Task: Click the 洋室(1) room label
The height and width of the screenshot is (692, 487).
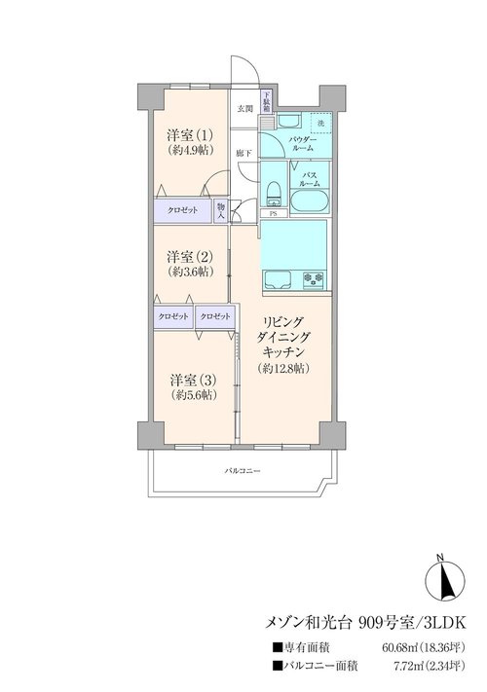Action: click(190, 134)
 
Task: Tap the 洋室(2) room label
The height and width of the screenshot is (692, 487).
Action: click(190, 256)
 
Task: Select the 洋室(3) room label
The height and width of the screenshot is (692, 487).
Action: click(194, 380)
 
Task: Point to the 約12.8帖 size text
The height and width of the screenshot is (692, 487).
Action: click(283, 369)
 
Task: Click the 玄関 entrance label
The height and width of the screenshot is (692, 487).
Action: click(245, 109)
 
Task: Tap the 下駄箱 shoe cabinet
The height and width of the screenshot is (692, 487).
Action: click(267, 102)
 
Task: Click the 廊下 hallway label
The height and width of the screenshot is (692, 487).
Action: click(243, 154)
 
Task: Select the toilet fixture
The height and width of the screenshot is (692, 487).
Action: click(274, 194)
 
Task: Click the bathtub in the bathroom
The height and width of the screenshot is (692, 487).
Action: click(309, 201)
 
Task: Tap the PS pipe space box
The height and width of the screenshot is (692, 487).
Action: click(274, 214)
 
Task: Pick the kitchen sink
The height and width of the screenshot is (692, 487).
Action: click(278, 279)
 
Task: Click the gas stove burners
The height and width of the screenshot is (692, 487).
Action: click(313, 279)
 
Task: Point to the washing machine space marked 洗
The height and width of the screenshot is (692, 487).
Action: click(321, 124)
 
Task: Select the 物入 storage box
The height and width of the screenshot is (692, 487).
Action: click(221, 211)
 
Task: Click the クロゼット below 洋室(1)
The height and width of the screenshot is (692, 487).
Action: click(183, 210)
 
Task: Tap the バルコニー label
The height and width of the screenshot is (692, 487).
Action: click(243, 471)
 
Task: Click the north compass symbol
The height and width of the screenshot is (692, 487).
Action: click(444, 577)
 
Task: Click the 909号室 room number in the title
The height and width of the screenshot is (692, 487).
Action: click(387, 623)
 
